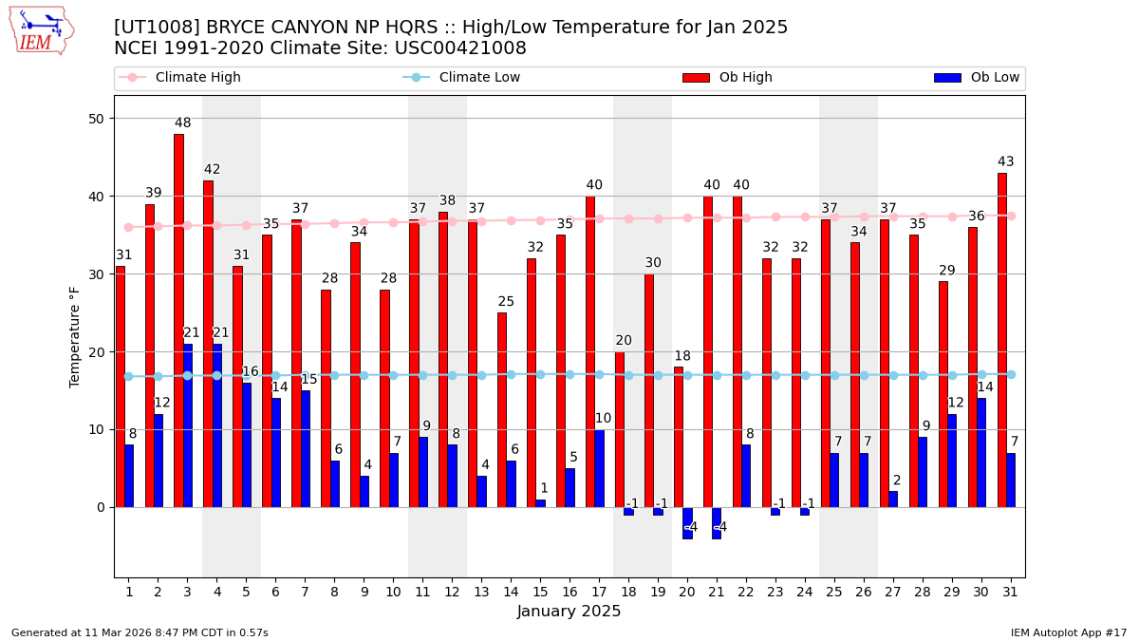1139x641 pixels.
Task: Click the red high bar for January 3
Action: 178,320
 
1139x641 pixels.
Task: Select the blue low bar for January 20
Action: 687,523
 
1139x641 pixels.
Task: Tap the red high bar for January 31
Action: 1002,340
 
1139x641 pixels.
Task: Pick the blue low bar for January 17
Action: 599,468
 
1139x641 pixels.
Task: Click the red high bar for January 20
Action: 679,437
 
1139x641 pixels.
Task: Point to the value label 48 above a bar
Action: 183,123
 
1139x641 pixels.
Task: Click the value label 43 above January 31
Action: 1006,162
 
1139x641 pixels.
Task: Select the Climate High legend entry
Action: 197,78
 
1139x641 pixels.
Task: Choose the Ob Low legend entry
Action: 993,78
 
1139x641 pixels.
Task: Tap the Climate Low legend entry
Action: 479,78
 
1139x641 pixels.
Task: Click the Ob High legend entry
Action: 745,78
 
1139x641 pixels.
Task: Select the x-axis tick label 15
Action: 540,592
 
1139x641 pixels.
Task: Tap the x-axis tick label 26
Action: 864,592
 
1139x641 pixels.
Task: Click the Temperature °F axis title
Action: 75,336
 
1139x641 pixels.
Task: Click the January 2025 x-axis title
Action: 569,613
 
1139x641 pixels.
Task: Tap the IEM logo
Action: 41,29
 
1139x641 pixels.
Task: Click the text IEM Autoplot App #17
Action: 1069,632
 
